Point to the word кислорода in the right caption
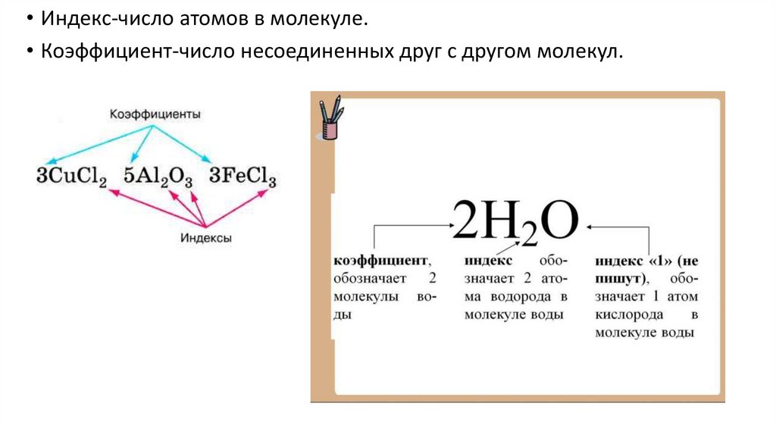(630, 314)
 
